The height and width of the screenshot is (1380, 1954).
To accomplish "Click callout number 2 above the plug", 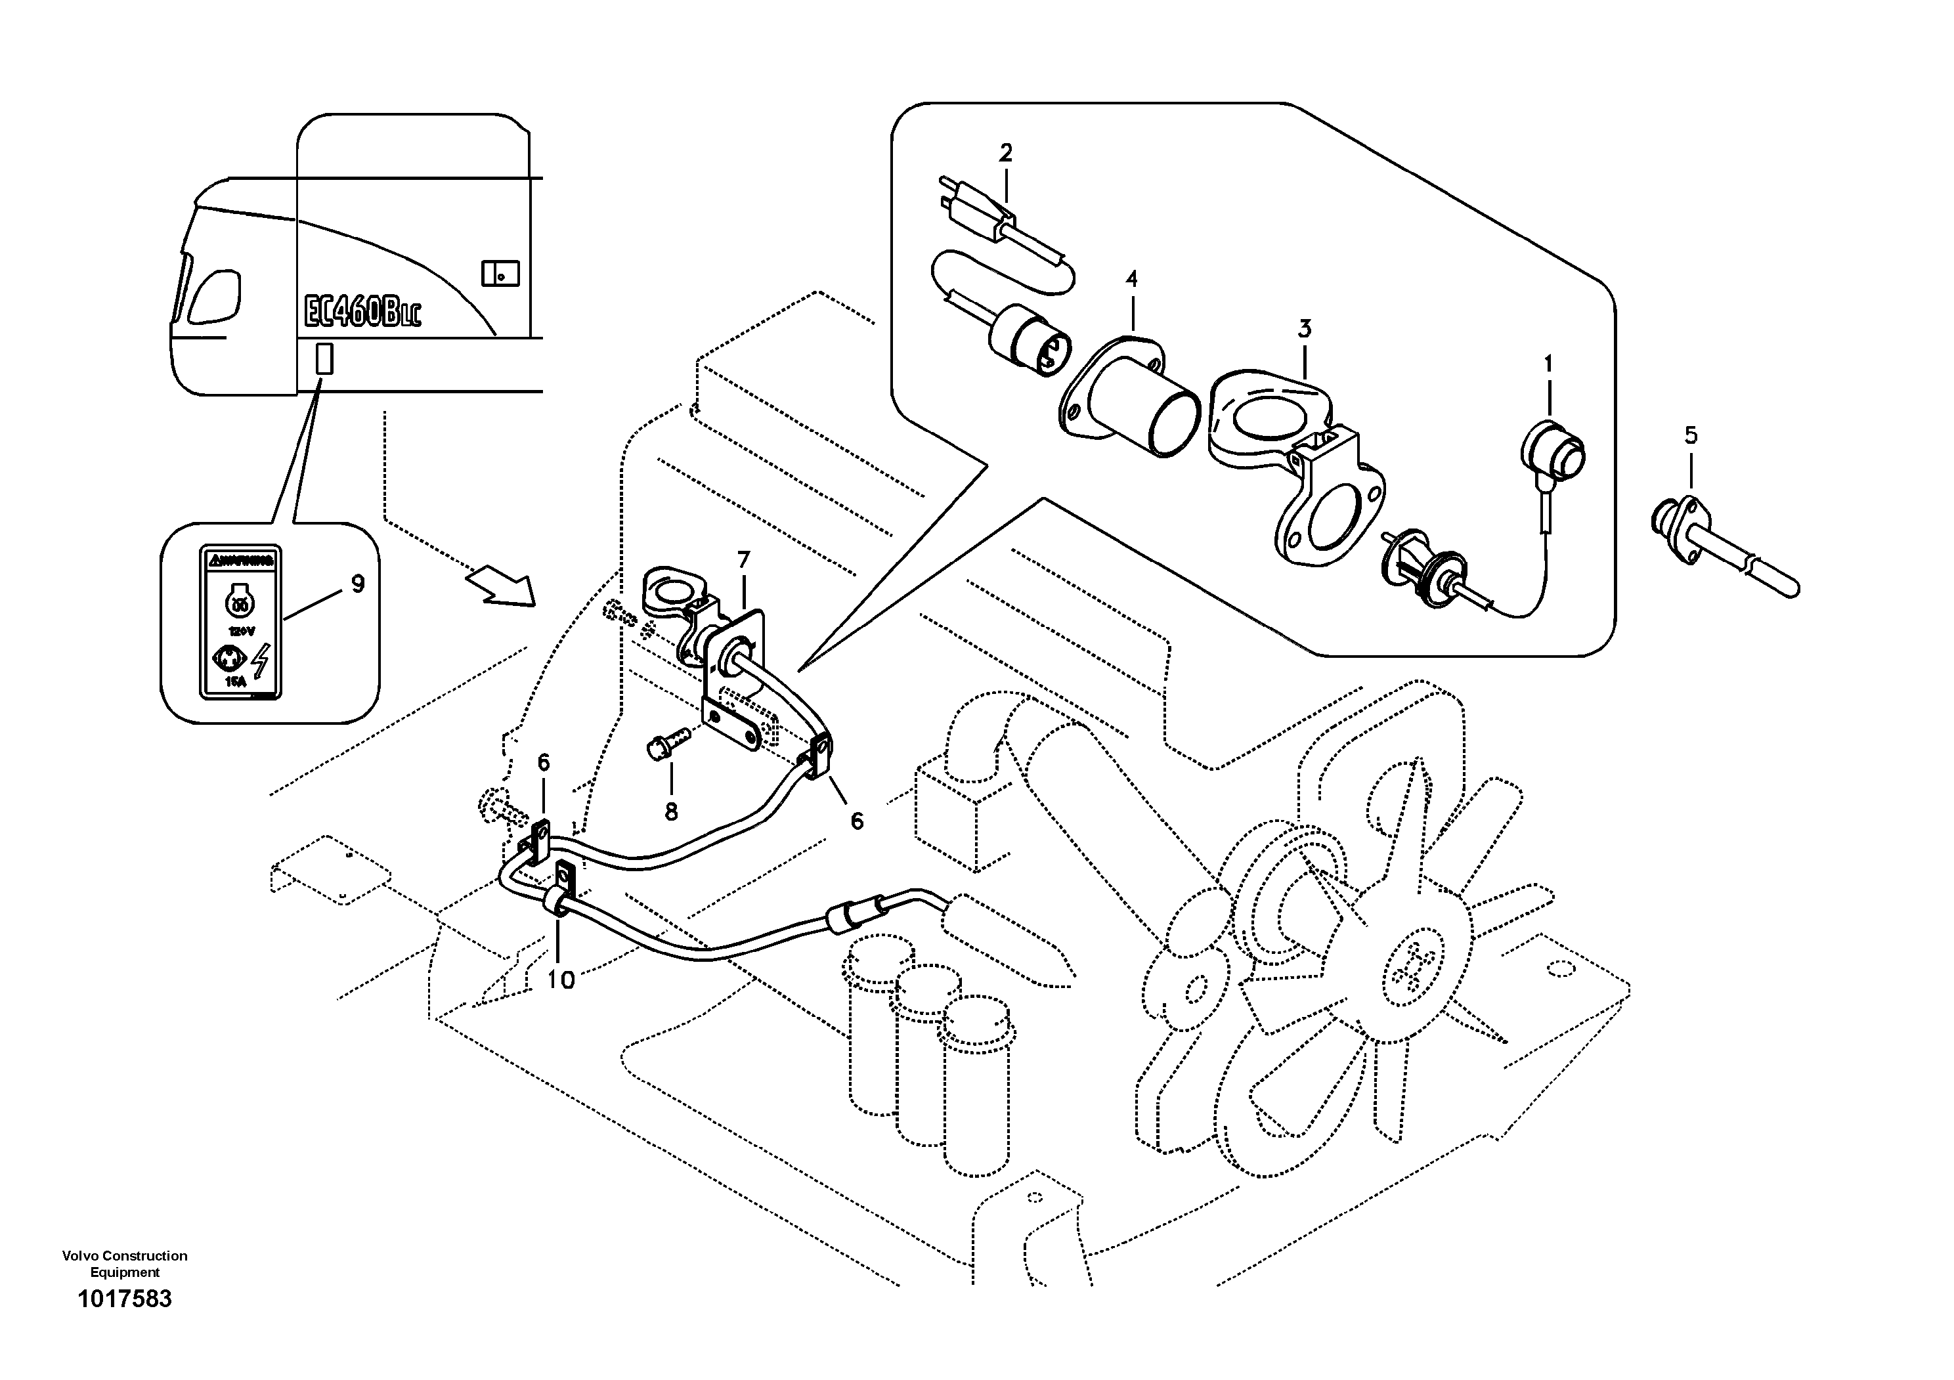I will [x=1006, y=153].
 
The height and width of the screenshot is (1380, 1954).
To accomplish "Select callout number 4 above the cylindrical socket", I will [x=1131, y=279].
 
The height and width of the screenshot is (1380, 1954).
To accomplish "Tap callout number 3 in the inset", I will [x=1305, y=328].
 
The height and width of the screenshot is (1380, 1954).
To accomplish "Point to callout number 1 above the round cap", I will [x=1548, y=364].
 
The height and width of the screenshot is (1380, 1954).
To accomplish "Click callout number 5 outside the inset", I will [x=1691, y=436].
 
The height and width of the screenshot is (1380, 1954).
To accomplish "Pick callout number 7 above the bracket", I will [x=744, y=561].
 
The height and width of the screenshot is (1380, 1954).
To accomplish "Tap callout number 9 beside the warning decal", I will [x=357, y=584].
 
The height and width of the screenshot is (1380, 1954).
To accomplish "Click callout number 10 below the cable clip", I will [x=560, y=980].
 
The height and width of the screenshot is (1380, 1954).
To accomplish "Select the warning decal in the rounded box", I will [x=241, y=624].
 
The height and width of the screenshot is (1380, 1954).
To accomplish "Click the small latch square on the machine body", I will [x=500, y=273].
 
